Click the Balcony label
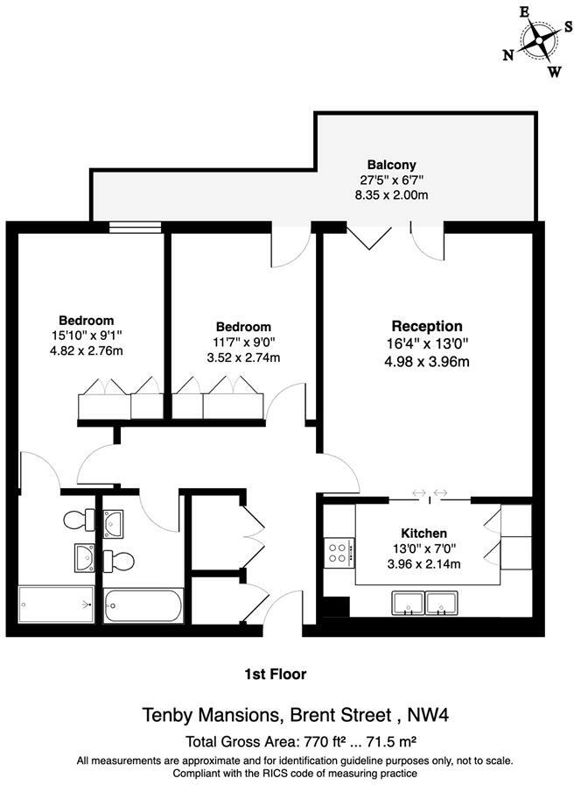(391, 165)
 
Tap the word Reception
(427, 327)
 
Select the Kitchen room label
(424, 533)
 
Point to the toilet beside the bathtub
(119, 560)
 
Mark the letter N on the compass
(507, 54)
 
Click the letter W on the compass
(554, 72)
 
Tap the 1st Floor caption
(275, 674)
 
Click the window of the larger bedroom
(136, 227)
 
